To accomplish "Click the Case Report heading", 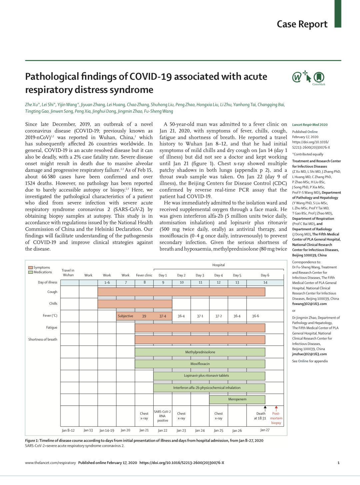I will pyautogui.click(x=302, y=24).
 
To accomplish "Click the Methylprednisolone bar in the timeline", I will pyautogui.click(x=200, y=352).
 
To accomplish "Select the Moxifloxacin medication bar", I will pyautogui.click(x=200, y=364).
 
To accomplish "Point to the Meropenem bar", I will pyautogui.click(x=237, y=399).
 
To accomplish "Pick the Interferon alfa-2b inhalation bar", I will pyautogui.click(x=209, y=388).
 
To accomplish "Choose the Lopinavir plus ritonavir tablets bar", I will pyautogui.click(x=209, y=376).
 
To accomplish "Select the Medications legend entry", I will pyautogui.click(x=40, y=272).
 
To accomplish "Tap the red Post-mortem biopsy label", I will pyautogui.click(x=276, y=418).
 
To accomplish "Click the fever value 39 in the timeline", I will pyautogui.click(x=144, y=316).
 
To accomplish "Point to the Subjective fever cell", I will pyautogui.click(x=125, y=316).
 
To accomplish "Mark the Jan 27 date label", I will pyautogui.click(x=265, y=430).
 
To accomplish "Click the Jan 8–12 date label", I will pyautogui.click(x=68, y=430).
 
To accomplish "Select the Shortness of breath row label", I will pyautogui.click(x=43, y=339).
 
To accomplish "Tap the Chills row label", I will pyautogui.click(x=53, y=303).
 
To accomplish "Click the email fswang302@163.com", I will pyautogui.click(x=309, y=304).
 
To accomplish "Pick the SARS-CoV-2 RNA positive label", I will pyautogui.click(x=162, y=416).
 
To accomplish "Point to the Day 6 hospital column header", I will pyautogui.click(x=265, y=275).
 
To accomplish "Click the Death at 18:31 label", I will pyautogui.click(x=260, y=416).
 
